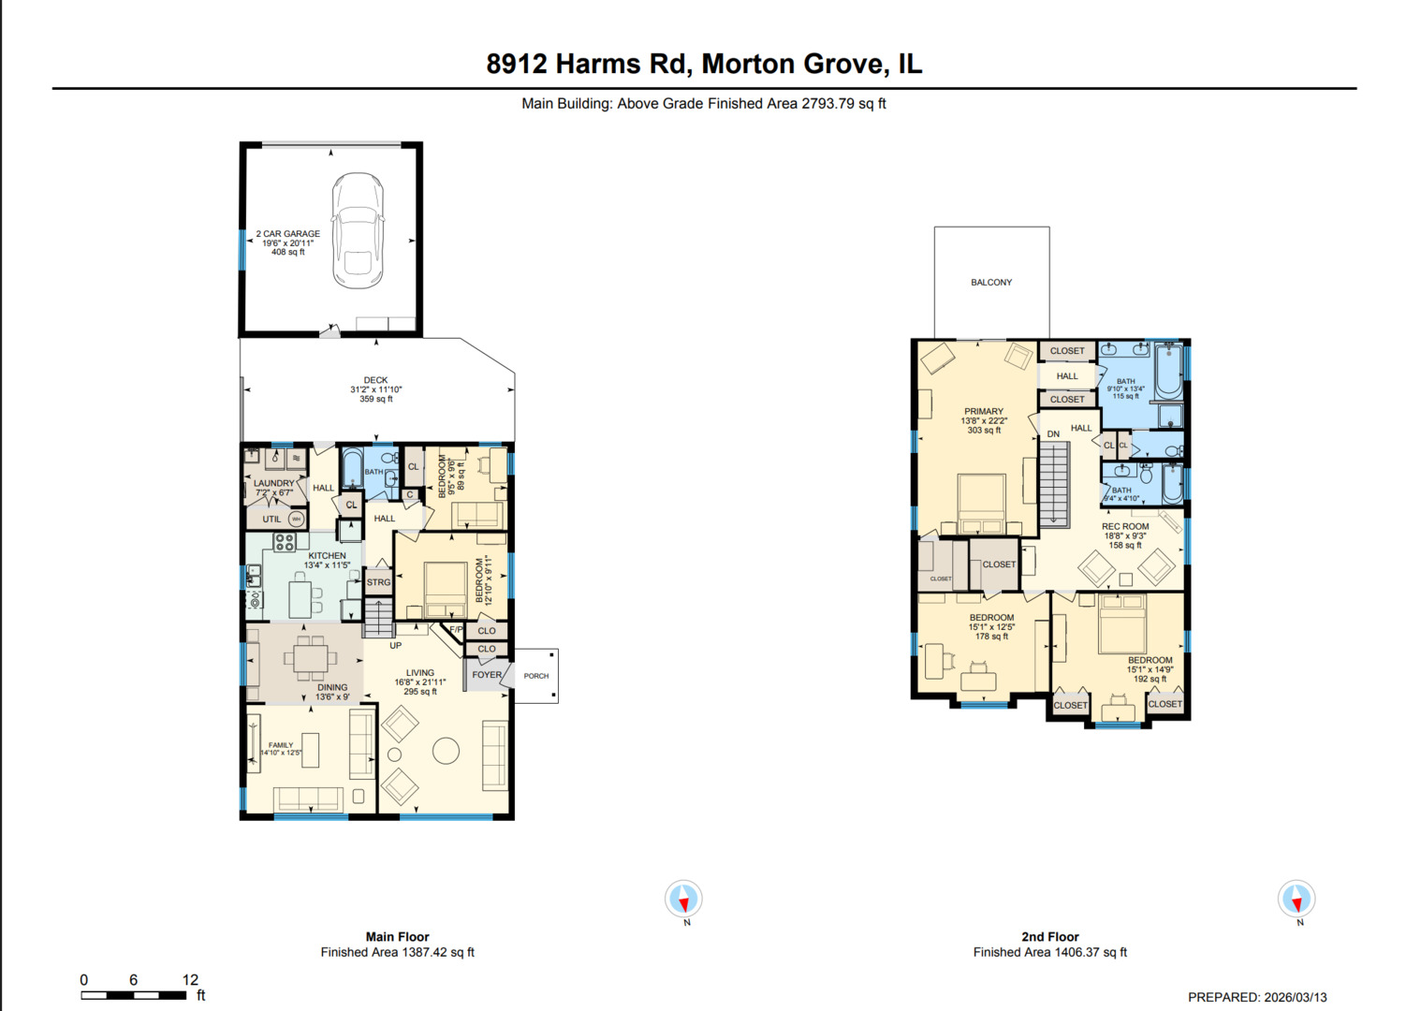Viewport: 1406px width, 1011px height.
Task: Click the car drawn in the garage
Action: point(358,230)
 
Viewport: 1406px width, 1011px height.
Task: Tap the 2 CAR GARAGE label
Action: point(288,234)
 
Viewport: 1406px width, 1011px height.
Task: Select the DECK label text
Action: point(375,381)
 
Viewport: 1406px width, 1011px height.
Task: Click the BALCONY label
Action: point(991,282)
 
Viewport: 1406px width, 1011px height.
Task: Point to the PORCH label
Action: point(536,676)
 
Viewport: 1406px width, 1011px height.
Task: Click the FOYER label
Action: point(487,675)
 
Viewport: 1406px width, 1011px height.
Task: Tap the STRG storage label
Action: point(378,582)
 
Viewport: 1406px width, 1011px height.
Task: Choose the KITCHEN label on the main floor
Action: point(327,556)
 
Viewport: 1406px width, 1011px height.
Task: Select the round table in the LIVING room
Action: point(446,751)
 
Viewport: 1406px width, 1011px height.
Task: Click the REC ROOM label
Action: point(1124,527)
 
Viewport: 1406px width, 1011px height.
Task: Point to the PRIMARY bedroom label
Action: point(984,412)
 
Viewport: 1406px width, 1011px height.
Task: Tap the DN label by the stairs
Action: point(1053,434)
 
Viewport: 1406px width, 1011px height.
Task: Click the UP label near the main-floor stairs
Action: point(395,646)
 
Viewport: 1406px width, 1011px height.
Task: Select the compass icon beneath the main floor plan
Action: point(683,900)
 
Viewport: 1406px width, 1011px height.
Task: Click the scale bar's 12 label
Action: point(190,980)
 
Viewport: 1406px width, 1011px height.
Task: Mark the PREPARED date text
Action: point(1257,997)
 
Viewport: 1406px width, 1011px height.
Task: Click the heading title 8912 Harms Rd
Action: point(704,64)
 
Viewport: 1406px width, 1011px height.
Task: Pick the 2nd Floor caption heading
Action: point(1049,937)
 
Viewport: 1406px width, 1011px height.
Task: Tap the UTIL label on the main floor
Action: point(271,519)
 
